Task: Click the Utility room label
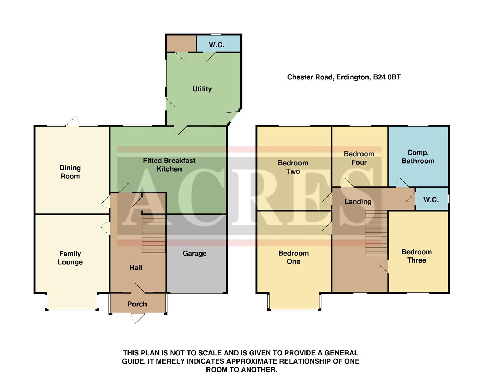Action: pos(202,89)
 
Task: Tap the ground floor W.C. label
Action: pos(217,45)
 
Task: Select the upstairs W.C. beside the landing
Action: pos(431,200)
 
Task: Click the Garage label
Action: pos(195,253)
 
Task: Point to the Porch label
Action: pos(137,304)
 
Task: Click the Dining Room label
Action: pos(70,172)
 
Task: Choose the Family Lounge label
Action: pos(70,258)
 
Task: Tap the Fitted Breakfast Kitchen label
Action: pos(169,165)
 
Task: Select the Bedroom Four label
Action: pos(359,158)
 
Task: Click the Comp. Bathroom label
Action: pos(418,157)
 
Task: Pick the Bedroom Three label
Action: pos(416,256)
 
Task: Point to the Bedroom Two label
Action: pos(293,167)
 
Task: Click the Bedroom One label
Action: pos(293,257)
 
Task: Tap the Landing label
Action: pos(358,201)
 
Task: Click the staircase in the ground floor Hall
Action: pos(154,234)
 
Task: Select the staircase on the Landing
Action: pos(373,233)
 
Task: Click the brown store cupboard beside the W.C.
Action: pos(181,43)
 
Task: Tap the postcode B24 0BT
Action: pos(387,77)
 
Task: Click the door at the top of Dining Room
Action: pos(73,122)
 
